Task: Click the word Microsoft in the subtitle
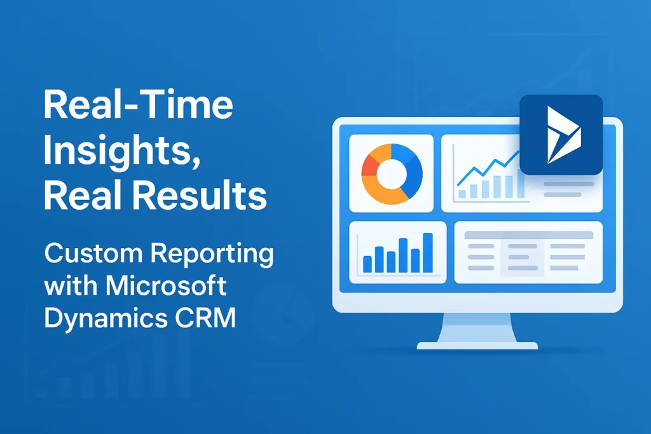(x=166, y=285)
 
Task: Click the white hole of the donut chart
(x=392, y=174)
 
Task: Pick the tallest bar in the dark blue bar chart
(x=428, y=253)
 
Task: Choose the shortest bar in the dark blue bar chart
(x=367, y=264)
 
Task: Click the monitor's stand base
(x=477, y=345)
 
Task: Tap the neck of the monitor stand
(x=477, y=327)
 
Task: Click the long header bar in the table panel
(x=528, y=235)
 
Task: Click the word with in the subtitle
(x=71, y=285)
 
